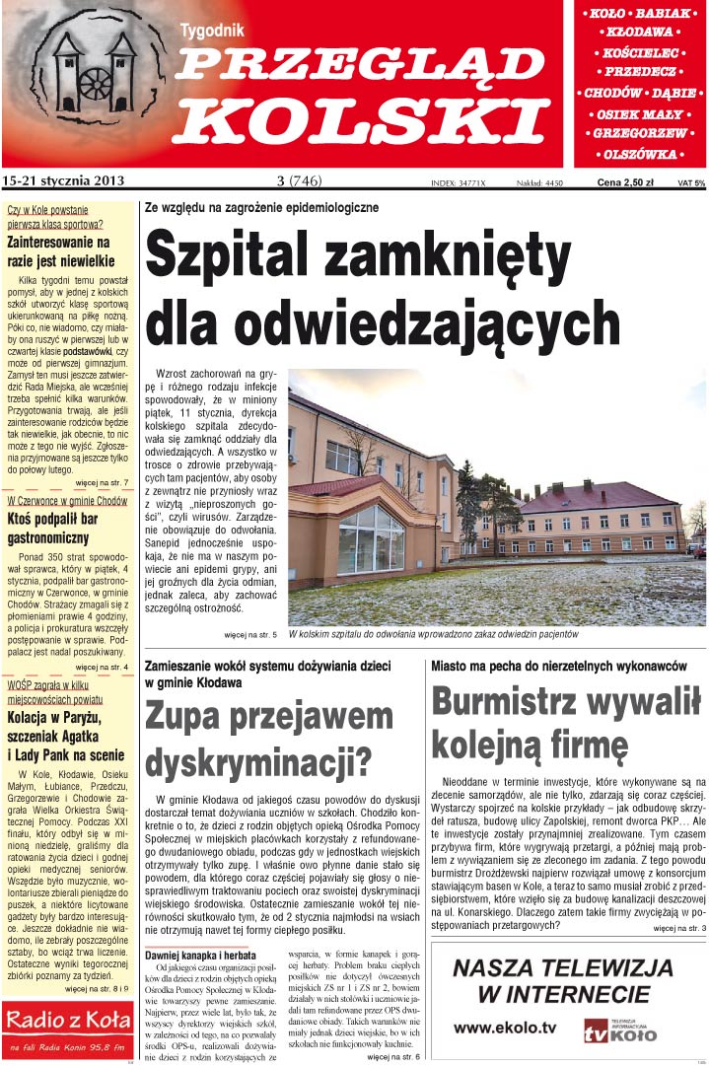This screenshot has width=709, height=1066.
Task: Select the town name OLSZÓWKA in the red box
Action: click(x=641, y=155)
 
